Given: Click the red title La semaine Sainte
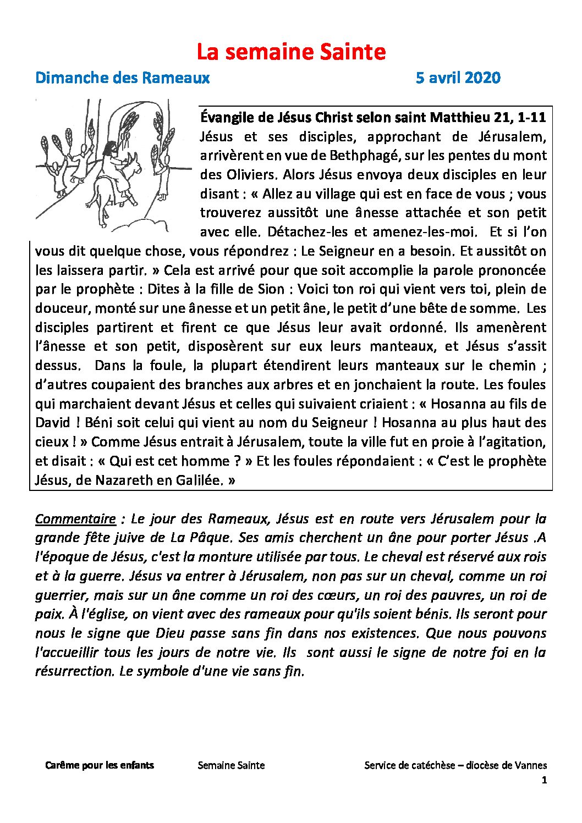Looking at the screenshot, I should coord(291,52).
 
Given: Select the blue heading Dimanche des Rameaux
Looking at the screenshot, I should coord(122,78).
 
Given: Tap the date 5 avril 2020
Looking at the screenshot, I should coord(458,78).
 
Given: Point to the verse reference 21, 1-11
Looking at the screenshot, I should coord(524,118).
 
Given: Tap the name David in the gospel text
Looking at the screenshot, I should coord(53,423).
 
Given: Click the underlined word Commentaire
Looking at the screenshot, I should coord(75,519).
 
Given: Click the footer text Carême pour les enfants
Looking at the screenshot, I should coord(100,765).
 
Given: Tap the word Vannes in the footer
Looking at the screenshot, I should coord(531,765).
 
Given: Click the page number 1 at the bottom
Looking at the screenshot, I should coord(545,780).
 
